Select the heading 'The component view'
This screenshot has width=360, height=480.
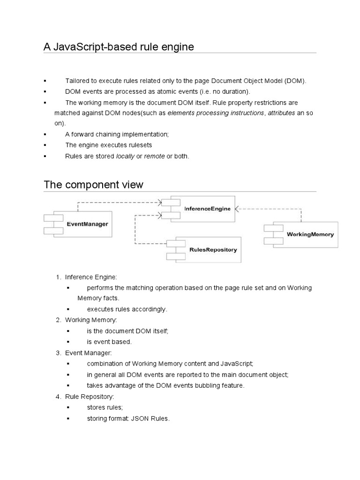[93, 185]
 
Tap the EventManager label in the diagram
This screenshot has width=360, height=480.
[87, 224]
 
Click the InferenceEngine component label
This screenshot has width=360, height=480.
[207, 209]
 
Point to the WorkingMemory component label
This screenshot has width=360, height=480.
[310, 234]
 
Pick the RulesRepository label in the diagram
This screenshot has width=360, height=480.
[213, 250]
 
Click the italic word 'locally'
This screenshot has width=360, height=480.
[125, 156]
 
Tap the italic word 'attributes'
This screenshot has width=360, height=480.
[281, 113]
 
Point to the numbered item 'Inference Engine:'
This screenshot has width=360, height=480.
[90, 277]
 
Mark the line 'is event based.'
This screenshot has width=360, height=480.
[109, 342]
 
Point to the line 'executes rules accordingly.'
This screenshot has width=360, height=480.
[127, 309]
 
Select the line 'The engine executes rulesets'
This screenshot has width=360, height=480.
[109, 145]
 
